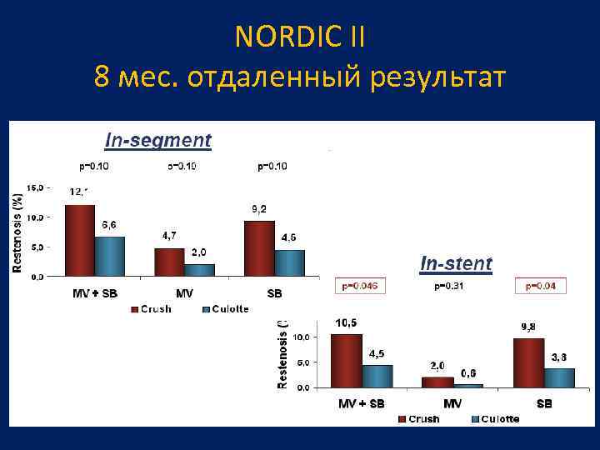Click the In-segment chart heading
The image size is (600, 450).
point(157,140)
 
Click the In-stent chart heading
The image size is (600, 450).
point(456,263)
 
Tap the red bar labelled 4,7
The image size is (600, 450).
point(169,262)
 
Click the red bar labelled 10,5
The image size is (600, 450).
point(347,360)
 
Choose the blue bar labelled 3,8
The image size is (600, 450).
point(559,377)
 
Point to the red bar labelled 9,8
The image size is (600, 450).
point(529,362)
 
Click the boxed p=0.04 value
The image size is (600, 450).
point(541,287)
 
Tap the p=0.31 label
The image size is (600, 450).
point(450,287)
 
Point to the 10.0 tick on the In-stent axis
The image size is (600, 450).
point(301,337)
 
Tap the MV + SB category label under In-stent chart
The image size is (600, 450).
point(361,404)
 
